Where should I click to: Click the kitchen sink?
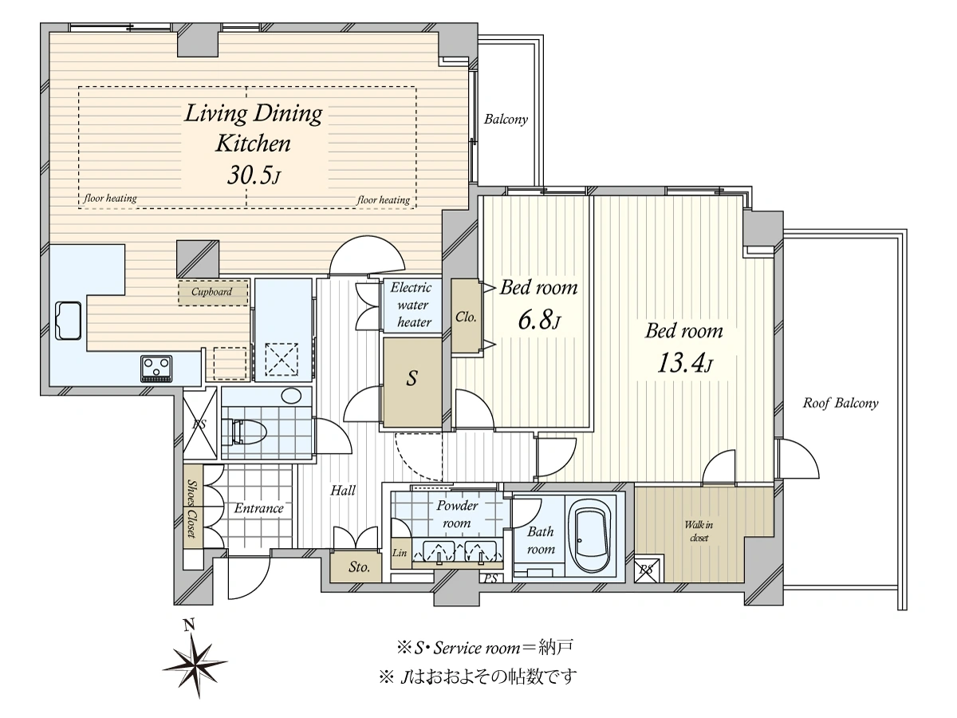tap(69, 321)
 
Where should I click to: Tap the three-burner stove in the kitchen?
tap(156, 368)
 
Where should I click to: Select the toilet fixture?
tap(244, 432)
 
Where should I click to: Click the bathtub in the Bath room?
tap(590, 536)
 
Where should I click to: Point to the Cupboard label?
tap(212, 292)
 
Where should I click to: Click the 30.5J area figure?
tap(254, 176)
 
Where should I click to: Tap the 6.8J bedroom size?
tap(539, 320)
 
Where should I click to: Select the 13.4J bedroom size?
tap(684, 363)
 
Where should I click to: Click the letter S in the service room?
tap(412, 378)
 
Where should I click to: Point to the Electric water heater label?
tap(412, 305)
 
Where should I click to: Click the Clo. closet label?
tap(466, 317)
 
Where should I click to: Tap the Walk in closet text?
tap(699, 531)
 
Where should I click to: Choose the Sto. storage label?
tap(359, 566)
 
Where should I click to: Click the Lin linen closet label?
tap(400, 553)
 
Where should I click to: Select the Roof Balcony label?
tap(841, 403)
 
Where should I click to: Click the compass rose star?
tap(195, 664)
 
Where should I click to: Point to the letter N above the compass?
tap(189, 625)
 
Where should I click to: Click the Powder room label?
tap(457, 514)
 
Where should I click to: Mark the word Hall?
tap(343, 491)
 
